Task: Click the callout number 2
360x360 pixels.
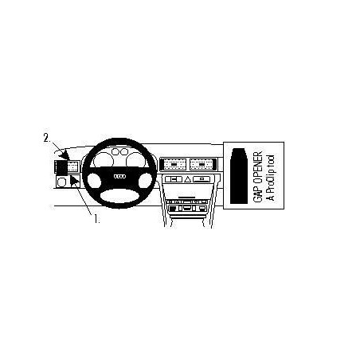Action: [x=47, y=138]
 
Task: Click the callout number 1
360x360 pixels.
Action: [x=96, y=219]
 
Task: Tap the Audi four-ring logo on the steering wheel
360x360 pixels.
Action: [x=119, y=177]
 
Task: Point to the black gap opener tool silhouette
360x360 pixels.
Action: [x=239, y=175]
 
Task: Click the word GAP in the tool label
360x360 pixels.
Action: [x=257, y=193]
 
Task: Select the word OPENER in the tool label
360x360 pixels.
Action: [x=257, y=166]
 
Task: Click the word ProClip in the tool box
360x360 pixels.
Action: [x=271, y=183]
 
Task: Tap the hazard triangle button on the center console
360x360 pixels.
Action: [x=188, y=179]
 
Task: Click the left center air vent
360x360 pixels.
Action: [x=174, y=164]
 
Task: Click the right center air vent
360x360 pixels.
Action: [x=201, y=164]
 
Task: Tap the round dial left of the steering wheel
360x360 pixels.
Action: [x=62, y=182]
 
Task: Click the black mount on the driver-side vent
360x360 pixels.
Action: [x=61, y=167]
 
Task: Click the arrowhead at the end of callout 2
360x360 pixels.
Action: [x=65, y=156]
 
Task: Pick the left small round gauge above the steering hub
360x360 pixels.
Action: [x=115, y=152]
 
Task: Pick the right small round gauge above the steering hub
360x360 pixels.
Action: [x=124, y=151]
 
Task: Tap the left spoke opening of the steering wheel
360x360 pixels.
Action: [x=94, y=181]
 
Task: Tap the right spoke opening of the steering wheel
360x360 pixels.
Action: [x=145, y=180]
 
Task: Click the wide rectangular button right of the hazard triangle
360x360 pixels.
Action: [x=202, y=179]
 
